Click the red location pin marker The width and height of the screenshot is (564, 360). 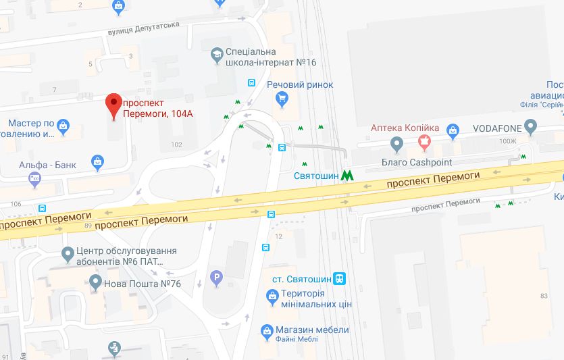point(113,105)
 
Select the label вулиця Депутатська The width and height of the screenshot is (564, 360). point(143,28)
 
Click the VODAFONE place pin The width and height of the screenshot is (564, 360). point(530,126)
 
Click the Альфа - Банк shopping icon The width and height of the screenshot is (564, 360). point(99,163)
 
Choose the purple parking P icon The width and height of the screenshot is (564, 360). point(217,277)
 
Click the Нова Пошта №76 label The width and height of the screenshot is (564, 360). point(142,284)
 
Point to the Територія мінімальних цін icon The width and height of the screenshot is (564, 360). point(272,295)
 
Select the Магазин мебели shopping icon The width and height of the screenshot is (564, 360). point(265,331)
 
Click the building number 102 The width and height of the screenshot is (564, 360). point(177,145)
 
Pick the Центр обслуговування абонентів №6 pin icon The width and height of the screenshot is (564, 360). point(68,255)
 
